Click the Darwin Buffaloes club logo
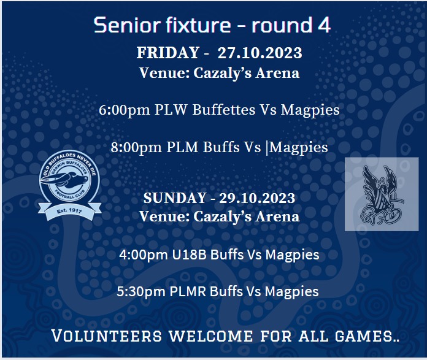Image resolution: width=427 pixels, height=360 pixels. [70, 185]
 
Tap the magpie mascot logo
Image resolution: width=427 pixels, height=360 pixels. [382, 194]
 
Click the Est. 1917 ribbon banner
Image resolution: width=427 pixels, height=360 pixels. [70, 211]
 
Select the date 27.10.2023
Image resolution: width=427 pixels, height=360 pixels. [260, 53]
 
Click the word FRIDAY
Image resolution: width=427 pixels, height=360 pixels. [168, 53]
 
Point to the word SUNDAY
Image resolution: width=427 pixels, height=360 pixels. [175, 198]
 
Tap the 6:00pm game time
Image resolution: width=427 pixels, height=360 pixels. [125, 110]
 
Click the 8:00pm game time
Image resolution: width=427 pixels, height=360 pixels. [136, 147]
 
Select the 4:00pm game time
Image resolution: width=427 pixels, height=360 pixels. [144, 255]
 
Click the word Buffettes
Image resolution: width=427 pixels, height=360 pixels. [224, 110]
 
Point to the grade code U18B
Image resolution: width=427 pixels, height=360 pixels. [189, 255]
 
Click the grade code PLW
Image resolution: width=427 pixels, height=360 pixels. [171, 110]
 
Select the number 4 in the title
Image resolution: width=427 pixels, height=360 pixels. [324, 25]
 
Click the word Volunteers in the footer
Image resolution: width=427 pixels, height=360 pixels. [107, 335]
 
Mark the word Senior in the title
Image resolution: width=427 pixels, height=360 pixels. [128, 25]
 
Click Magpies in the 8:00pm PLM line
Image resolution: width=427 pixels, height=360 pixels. [298, 148]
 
